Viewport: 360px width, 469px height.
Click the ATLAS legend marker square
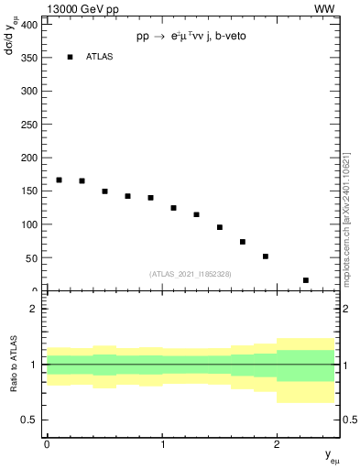70,57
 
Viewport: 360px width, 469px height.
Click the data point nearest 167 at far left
59,180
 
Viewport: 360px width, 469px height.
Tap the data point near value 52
266,256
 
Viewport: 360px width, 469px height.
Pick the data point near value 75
243,242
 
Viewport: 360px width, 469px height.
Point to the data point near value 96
220,227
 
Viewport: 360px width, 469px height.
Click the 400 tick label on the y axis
27,24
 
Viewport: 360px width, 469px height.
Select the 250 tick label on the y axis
27,125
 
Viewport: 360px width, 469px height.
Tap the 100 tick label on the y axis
27,224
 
